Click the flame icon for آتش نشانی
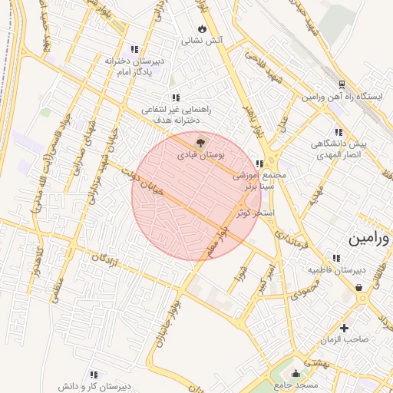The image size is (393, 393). (200, 28)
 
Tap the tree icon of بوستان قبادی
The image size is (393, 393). (201, 141)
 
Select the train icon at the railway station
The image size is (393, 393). (342, 85)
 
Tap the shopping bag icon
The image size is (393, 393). (359, 288)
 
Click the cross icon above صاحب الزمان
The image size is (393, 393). (344, 328)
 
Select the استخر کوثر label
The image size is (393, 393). (257, 212)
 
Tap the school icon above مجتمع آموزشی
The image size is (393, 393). (259, 163)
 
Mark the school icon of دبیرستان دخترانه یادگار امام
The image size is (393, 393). (134, 49)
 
